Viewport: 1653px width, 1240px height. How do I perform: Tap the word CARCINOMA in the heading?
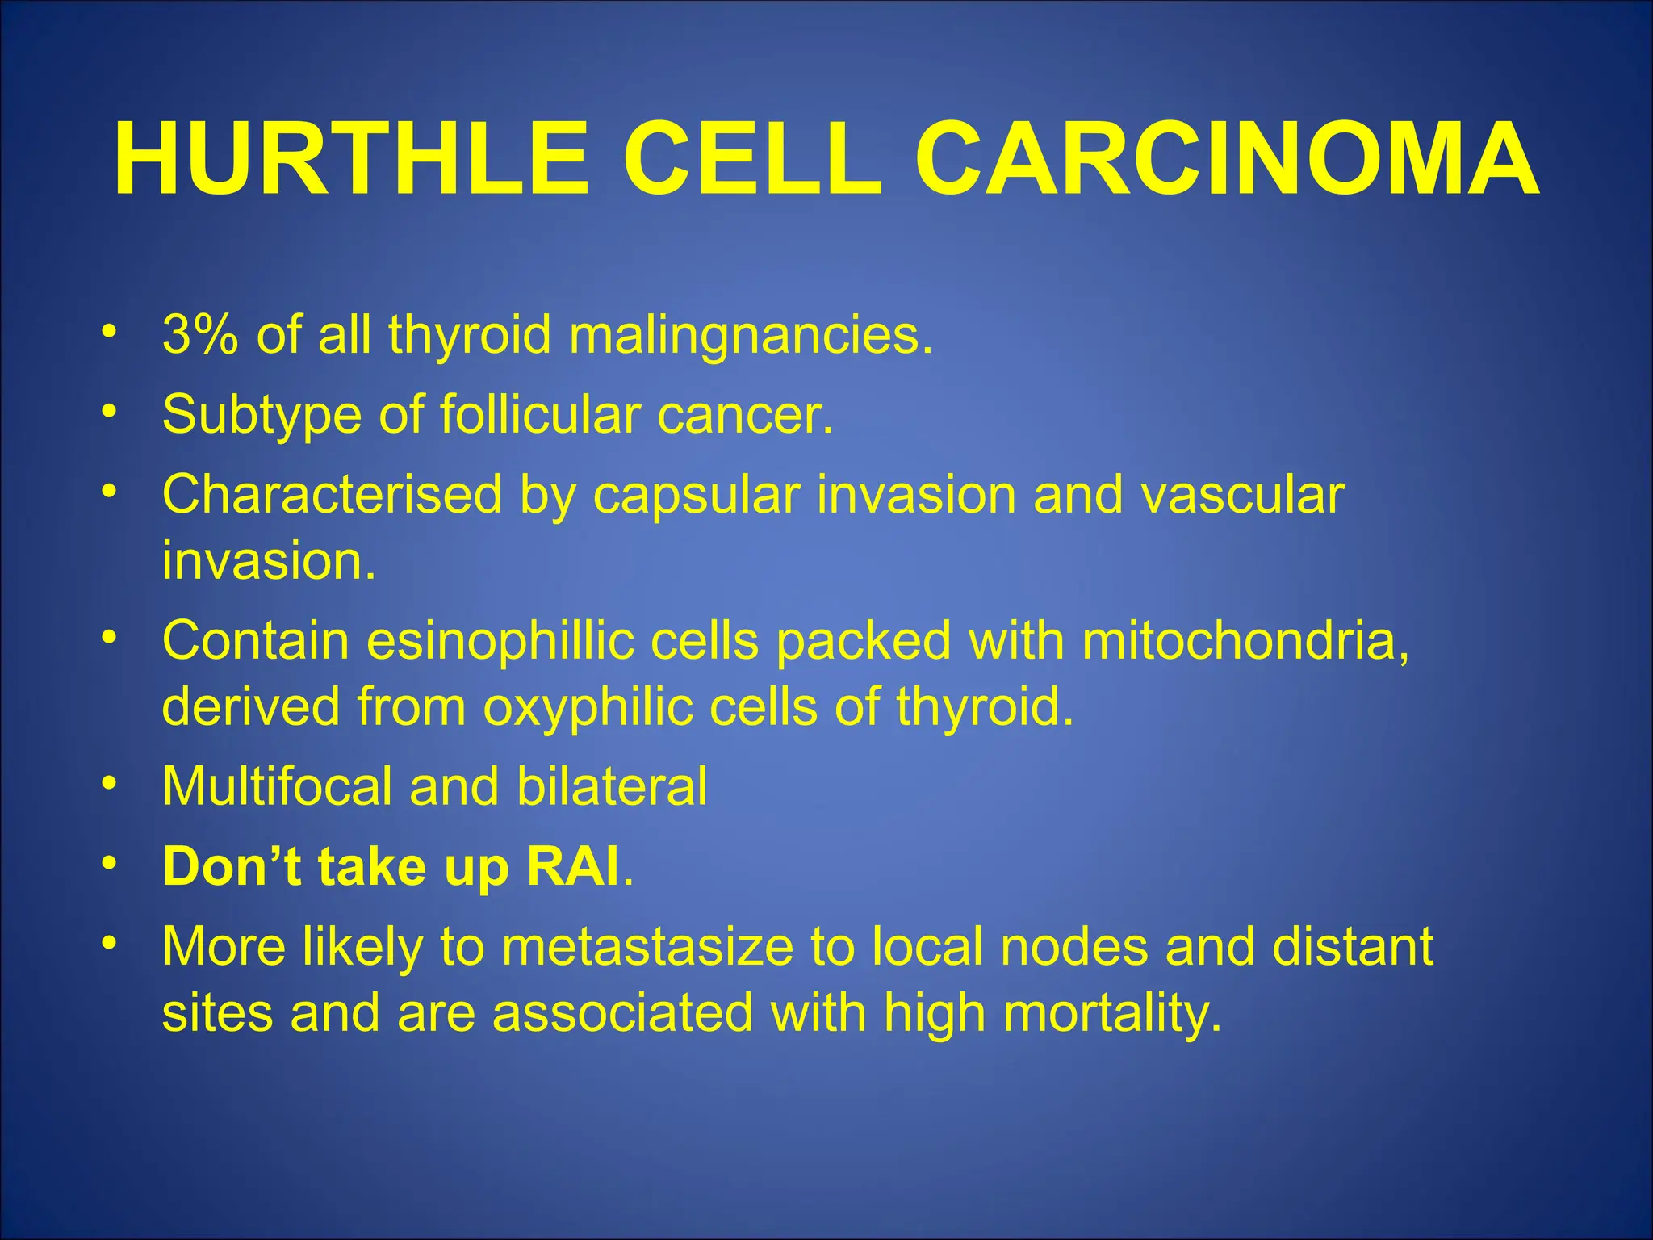coord(1226,159)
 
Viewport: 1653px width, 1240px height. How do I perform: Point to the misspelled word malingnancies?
coord(751,336)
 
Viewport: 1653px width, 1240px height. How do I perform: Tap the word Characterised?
coord(332,494)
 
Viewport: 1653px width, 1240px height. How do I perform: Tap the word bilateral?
coord(611,785)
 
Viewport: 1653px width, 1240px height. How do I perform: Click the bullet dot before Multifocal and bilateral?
coord(110,783)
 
